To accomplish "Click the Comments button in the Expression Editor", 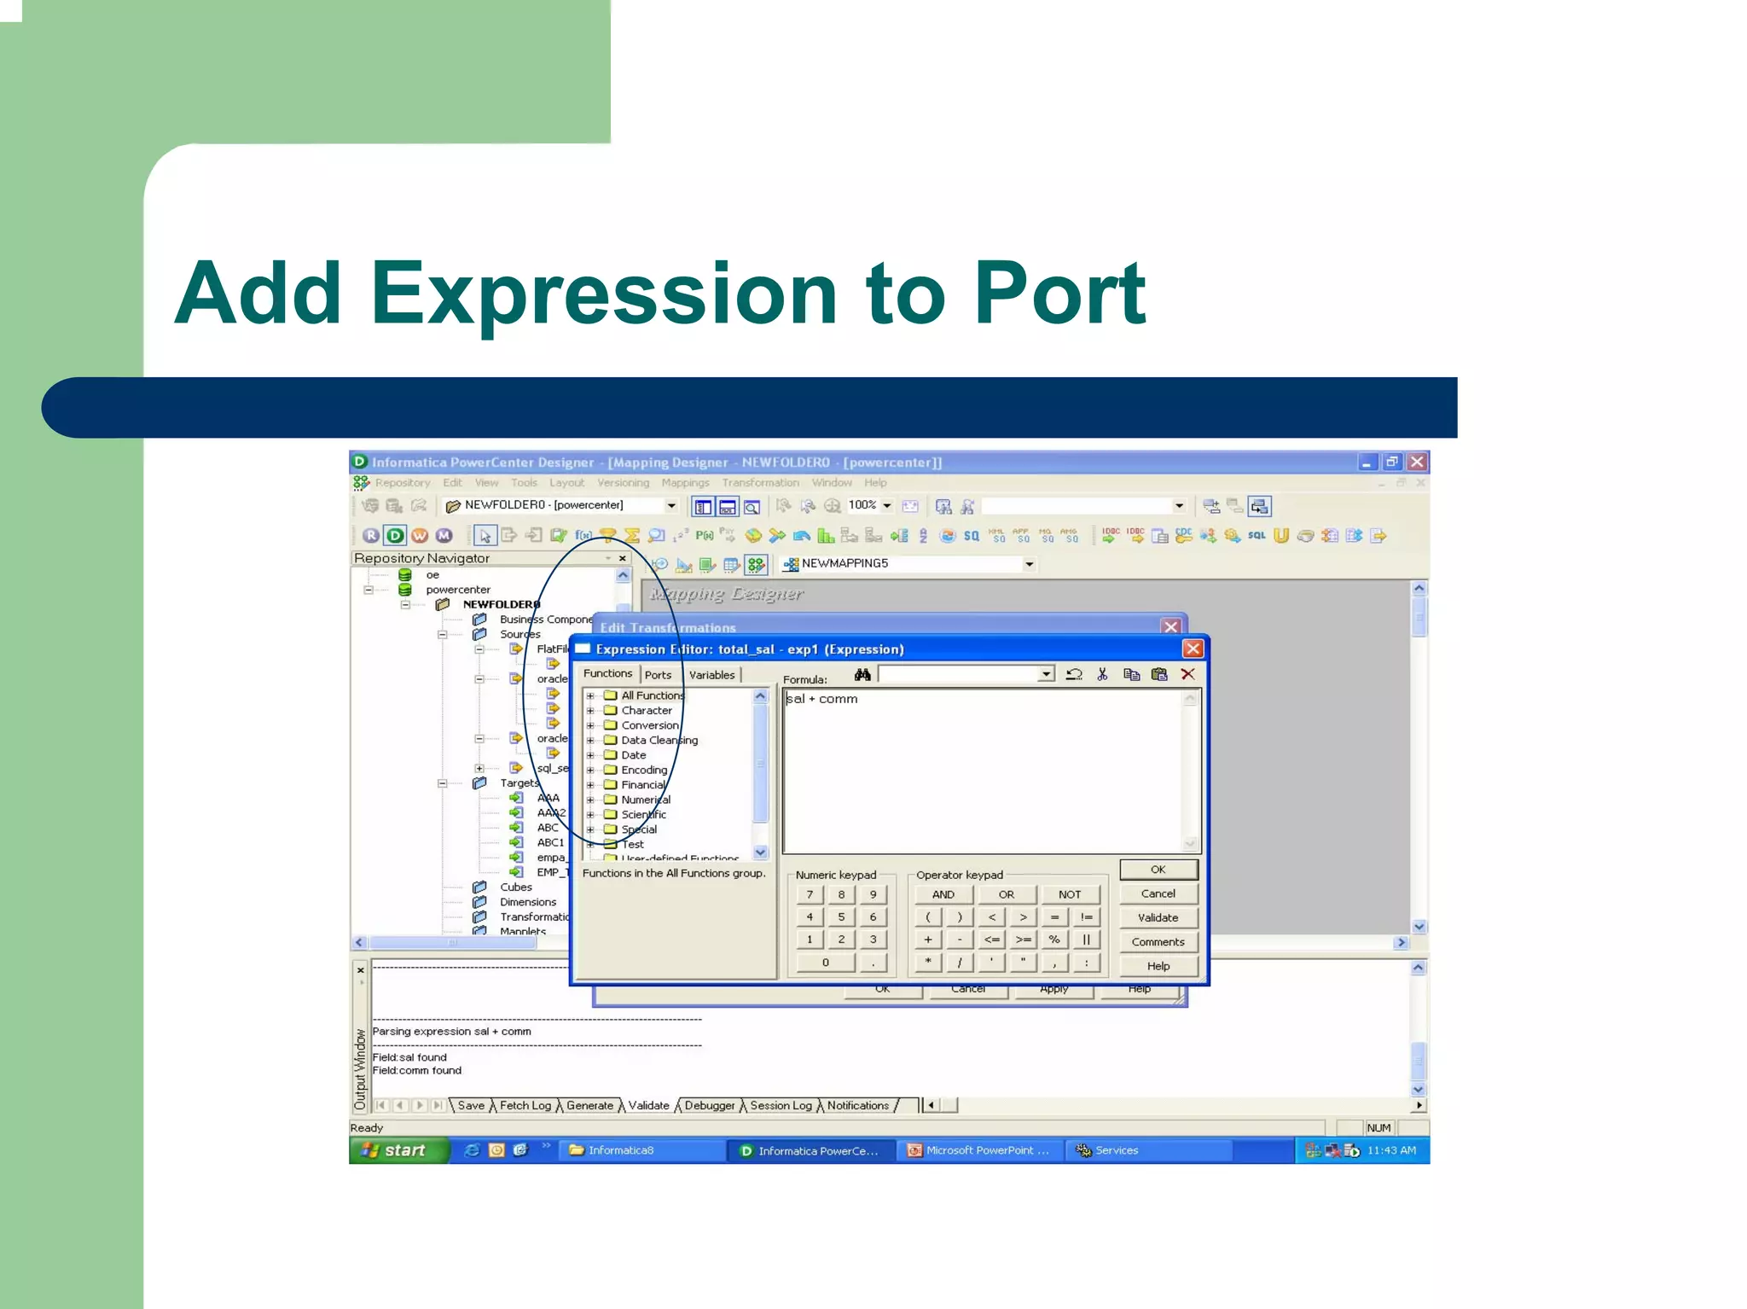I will pyautogui.click(x=1158, y=942).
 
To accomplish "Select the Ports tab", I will pyautogui.click(x=658, y=675).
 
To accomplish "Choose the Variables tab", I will pyautogui.click(x=711, y=675).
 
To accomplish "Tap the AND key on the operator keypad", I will pyautogui.click(x=943, y=894).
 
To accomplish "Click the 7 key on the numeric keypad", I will pyautogui.click(x=810, y=894).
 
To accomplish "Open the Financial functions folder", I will pyautogui.click(x=642, y=785).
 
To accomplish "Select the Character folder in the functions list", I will pyautogui.click(x=646, y=711).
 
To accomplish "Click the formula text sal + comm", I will pyautogui.click(x=821, y=699).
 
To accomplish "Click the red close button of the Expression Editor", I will pyautogui.click(x=1193, y=649).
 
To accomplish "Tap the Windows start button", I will pyautogui.click(x=398, y=1150).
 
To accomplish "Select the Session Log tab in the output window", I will pyautogui.click(x=781, y=1106).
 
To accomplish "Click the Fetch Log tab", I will pyautogui.click(x=525, y=1106).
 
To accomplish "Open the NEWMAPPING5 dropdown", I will pyautogui.click(x=1029, y=564).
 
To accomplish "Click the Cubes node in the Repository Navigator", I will pyautogui.click(x=515, y=887).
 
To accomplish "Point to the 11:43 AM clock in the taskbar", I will pyautogui.click(x=1391, y=1150).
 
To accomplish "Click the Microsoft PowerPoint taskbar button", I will pyautogui.click(x=980, y=1150).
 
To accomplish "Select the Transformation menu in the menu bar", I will pyautogui.click(x=760, y=483).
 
